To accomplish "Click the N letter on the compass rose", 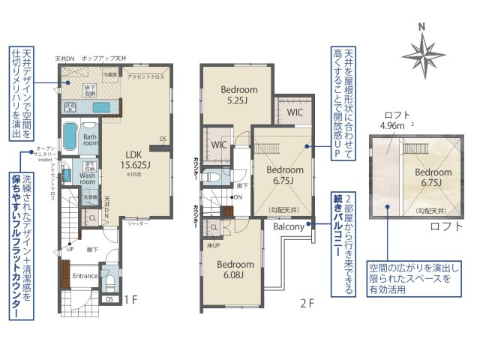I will pyautogui.click(x=422, y=28).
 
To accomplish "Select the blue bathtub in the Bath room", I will pyautogui.click(x=69, y=136).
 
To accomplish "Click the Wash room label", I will pyautogui.click(x=88, y=177).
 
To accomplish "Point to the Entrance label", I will pyautogui.click(x=86, y=275).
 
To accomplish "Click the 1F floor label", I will pyautogui.click(x=131, y=300).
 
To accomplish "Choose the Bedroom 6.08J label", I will pyautogui.click(x=235, y=269).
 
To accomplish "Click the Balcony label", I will pyautogui.click(x=288, y=226).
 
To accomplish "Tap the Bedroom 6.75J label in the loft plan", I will pyautogui.click(x=433, y=177).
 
